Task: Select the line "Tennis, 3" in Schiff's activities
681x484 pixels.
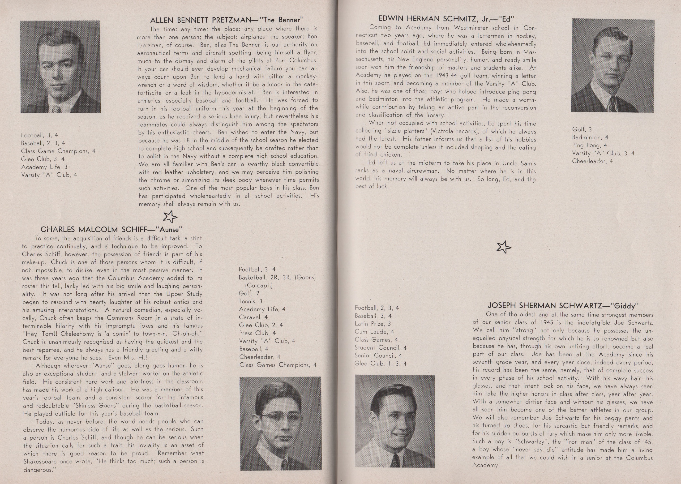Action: tap(251, 301)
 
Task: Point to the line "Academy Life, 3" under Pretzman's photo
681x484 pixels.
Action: tap(44, 167)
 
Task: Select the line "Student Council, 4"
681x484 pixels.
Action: tap(380, 347)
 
